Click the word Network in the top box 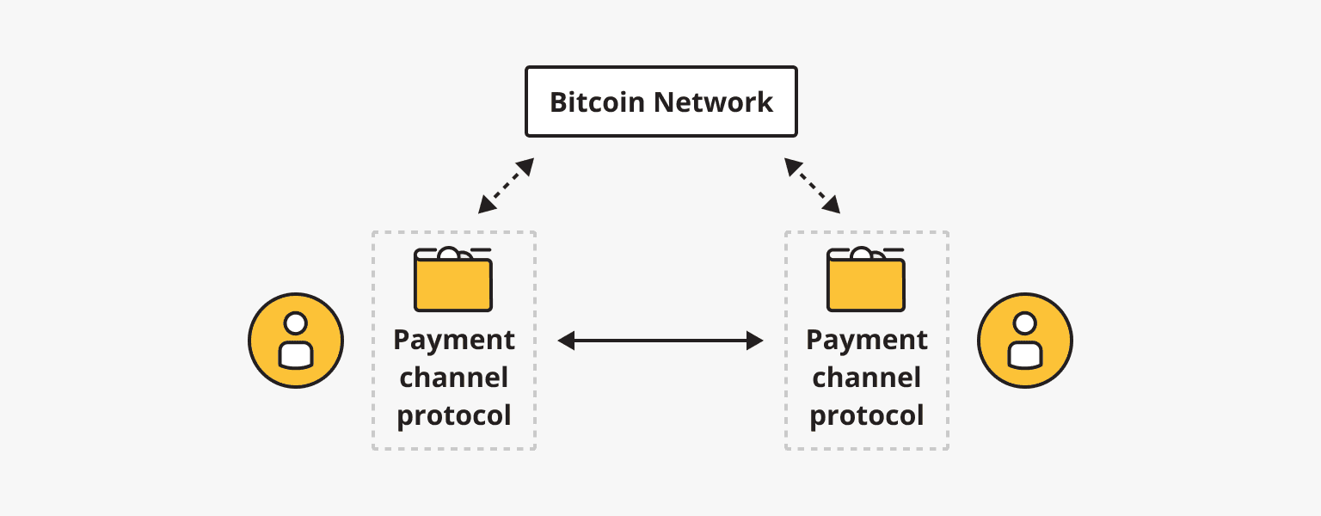714,102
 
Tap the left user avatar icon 296,341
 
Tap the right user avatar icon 1024,341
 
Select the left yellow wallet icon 453,282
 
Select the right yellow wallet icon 866,282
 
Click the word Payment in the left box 454,340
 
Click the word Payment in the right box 867,340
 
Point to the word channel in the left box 454,378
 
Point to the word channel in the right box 867,378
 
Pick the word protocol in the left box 454,415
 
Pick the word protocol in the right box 867,415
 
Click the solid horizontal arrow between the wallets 660,341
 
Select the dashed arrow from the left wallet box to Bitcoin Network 507,185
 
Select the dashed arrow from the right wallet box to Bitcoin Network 813,185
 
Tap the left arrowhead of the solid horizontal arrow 566,341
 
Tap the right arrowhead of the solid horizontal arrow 755,341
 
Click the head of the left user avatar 296,323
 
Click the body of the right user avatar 1024,353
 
